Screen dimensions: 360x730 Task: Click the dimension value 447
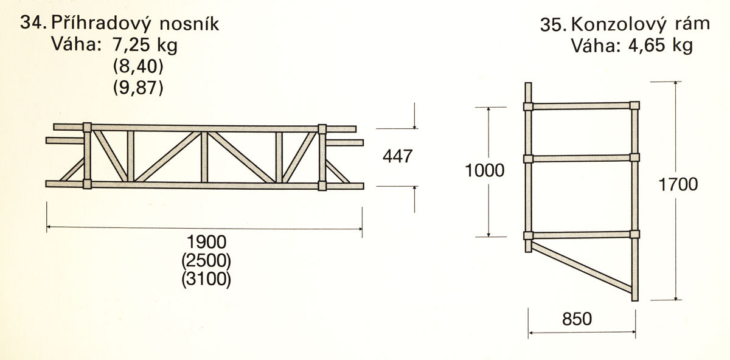point(398,156)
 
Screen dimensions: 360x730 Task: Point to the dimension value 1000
point(485,170)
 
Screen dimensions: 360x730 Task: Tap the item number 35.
point(553,26)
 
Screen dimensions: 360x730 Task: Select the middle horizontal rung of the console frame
point(582,159)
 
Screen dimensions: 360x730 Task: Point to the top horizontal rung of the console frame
point(582,106)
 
